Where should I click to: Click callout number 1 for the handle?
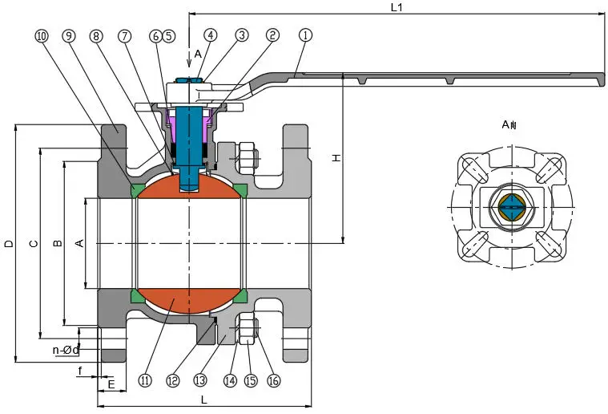(304, 35)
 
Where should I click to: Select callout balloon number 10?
(42, 35)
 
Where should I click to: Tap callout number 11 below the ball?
(145, 380)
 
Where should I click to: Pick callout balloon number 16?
(274, 380)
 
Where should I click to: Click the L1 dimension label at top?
(396, 7)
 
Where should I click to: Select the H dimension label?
(336, 159)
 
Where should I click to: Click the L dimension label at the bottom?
(204, 399)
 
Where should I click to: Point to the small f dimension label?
(81, 370)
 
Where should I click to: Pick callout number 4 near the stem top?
(210, 35)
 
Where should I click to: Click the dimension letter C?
(32, 243)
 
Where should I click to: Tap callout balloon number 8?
(95, 35)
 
